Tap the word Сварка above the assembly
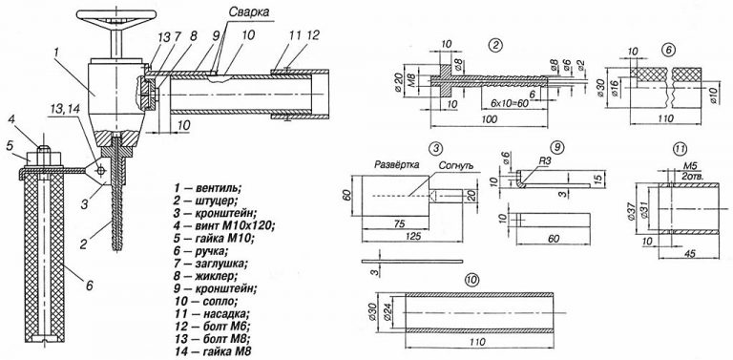tap(249, 12)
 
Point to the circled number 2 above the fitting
tap(494, 45)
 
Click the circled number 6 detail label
tap(666, 51)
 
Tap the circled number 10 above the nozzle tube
tap(472, 280)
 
